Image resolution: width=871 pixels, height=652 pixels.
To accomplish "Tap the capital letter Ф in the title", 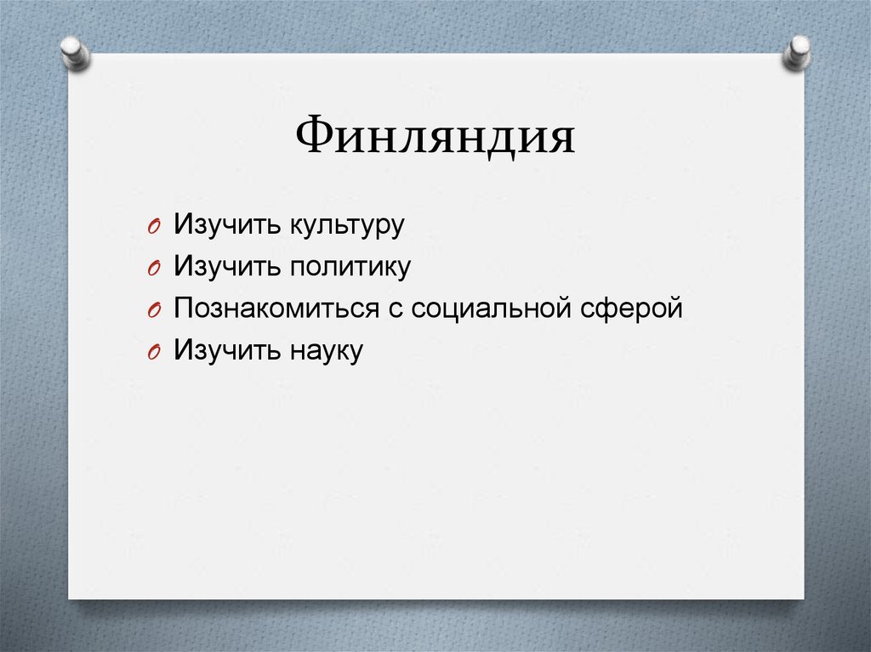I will click(313, 135).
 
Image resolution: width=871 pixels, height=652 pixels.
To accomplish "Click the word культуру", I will click(344, 226).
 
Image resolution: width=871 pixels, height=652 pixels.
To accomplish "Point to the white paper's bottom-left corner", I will click(70, 598).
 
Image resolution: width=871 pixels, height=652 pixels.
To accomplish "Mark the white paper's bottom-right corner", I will click(802, 598).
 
